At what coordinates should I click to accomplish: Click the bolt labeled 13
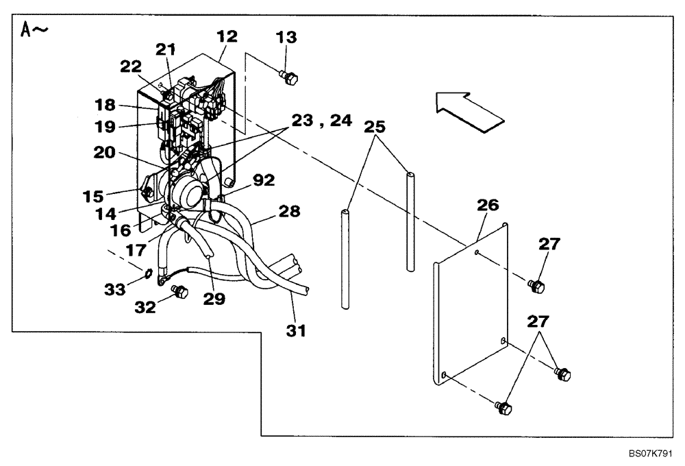290,78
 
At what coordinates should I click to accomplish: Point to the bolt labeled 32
181,293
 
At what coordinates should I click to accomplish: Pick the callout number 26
488,205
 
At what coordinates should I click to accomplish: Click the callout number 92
264,181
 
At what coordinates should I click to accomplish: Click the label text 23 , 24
321,121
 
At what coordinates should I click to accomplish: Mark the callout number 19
106,127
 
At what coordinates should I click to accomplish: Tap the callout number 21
164,49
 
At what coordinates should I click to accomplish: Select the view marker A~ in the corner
34,32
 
